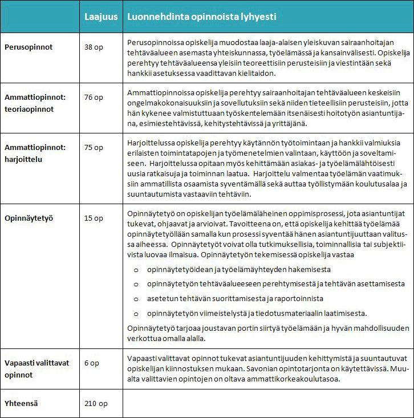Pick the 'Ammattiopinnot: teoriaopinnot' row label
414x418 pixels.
(x=35, y=103)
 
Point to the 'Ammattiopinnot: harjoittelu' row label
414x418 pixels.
(x=35, y=153)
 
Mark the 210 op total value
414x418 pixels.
(x=95, y=404)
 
